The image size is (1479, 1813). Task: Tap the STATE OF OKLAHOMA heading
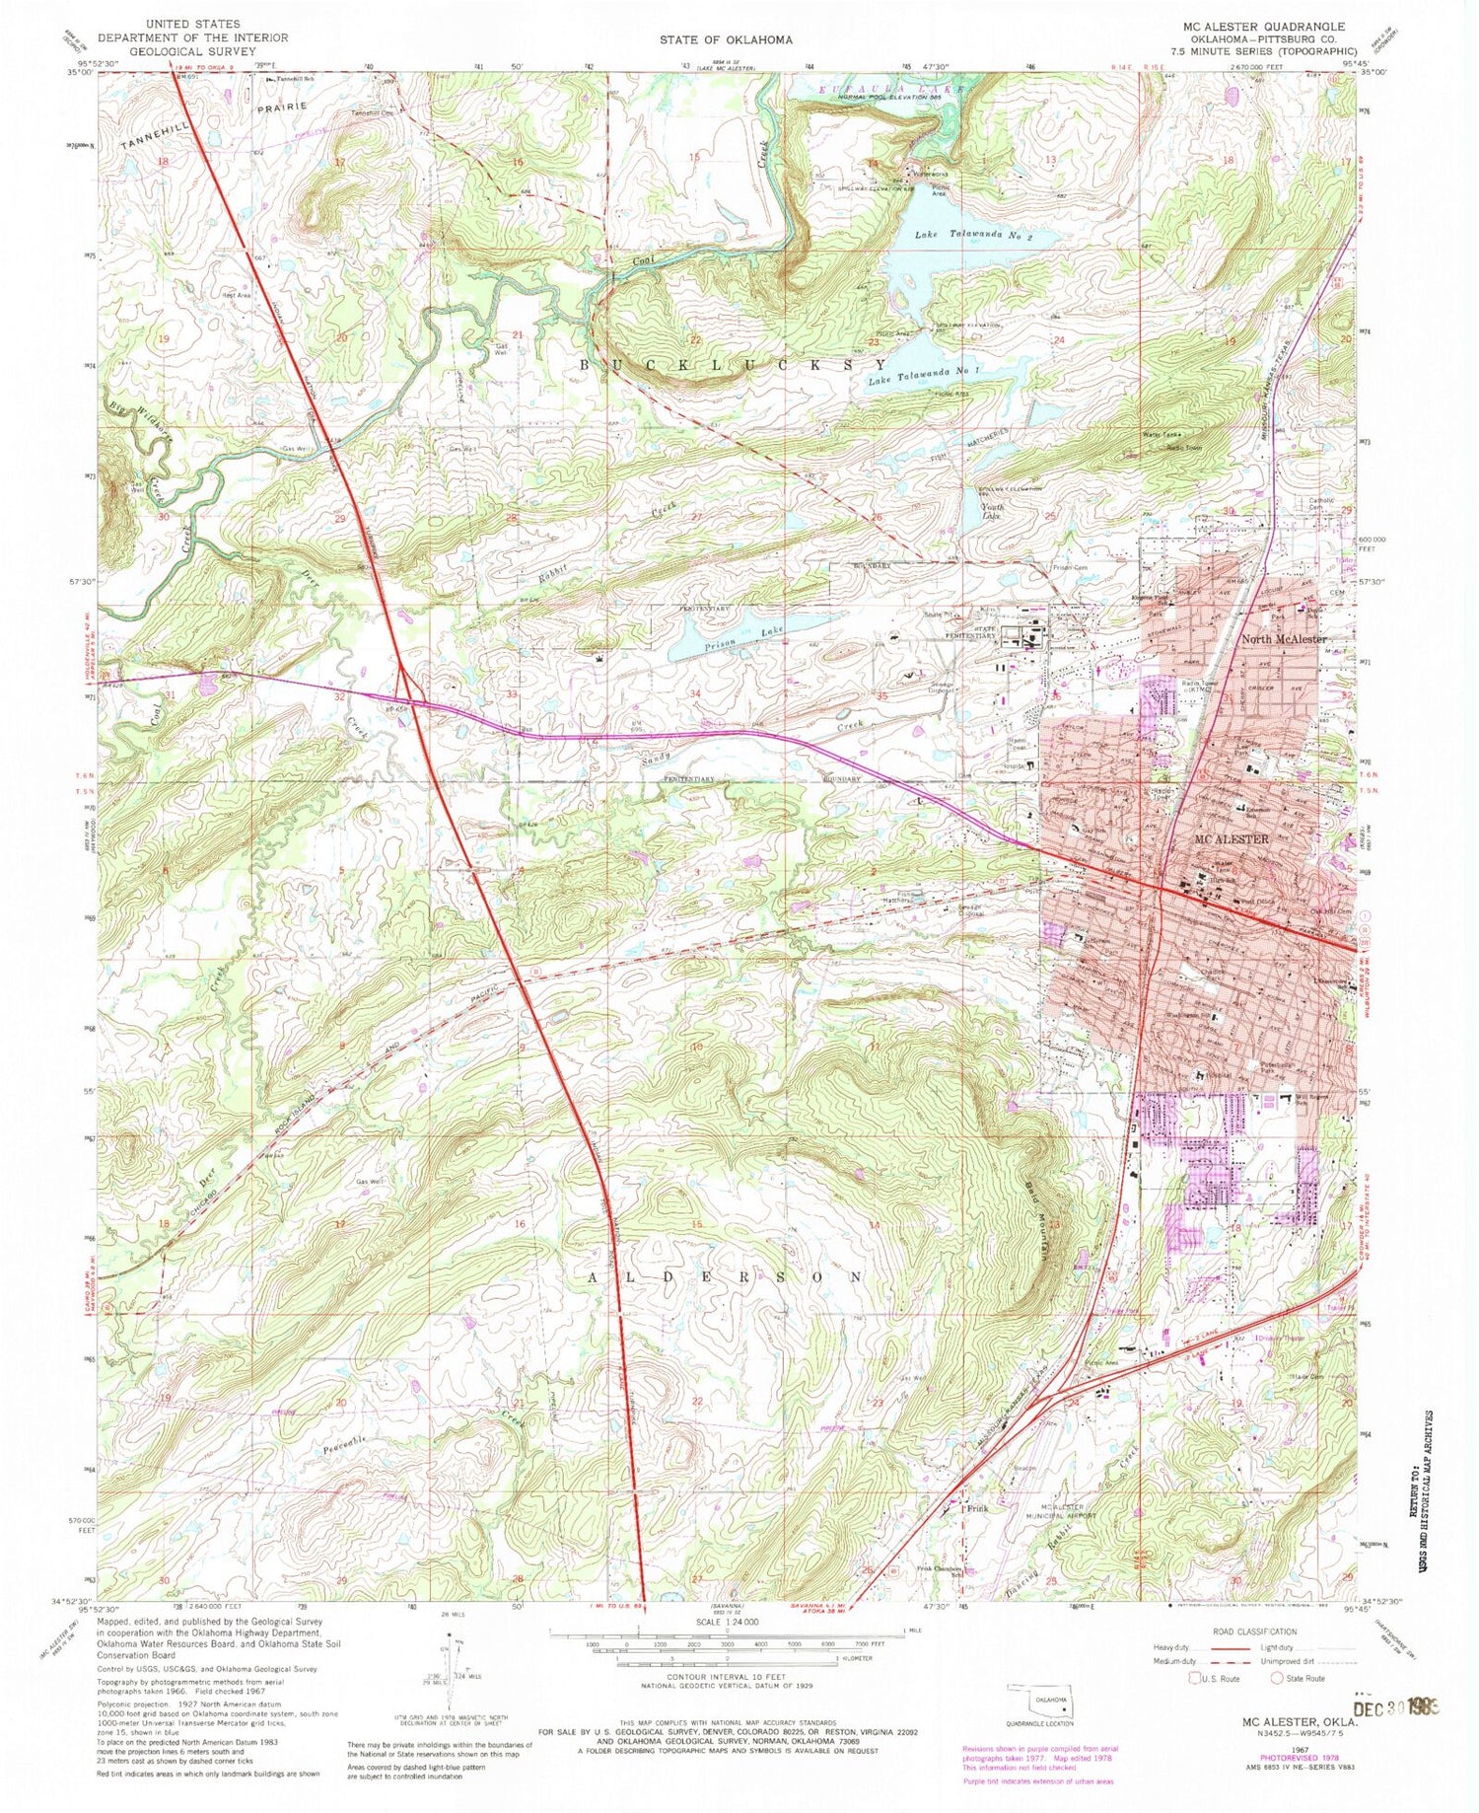[727, 39]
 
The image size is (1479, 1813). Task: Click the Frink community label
[976, 1508]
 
